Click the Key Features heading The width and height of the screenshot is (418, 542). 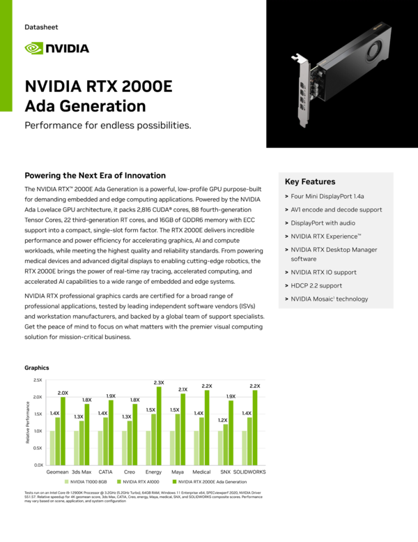310,182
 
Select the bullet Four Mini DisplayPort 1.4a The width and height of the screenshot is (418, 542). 327,197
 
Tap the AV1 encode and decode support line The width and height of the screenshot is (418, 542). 336,210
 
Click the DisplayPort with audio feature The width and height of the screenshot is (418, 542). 323,223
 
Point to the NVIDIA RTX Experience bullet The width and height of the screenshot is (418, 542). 326,236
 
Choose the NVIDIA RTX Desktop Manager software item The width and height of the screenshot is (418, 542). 334,254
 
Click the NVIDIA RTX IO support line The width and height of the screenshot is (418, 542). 325,272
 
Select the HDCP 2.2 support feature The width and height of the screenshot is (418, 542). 316,286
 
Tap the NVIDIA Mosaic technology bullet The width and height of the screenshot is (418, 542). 329,299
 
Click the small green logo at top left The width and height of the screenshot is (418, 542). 34,48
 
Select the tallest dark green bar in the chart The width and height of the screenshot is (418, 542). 159,426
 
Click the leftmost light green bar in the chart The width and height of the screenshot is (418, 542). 52,448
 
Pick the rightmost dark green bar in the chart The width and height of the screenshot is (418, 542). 255,427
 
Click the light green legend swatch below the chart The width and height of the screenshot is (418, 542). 67,481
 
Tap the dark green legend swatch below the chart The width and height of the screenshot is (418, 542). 175,481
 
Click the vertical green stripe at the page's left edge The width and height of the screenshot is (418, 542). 7,56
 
